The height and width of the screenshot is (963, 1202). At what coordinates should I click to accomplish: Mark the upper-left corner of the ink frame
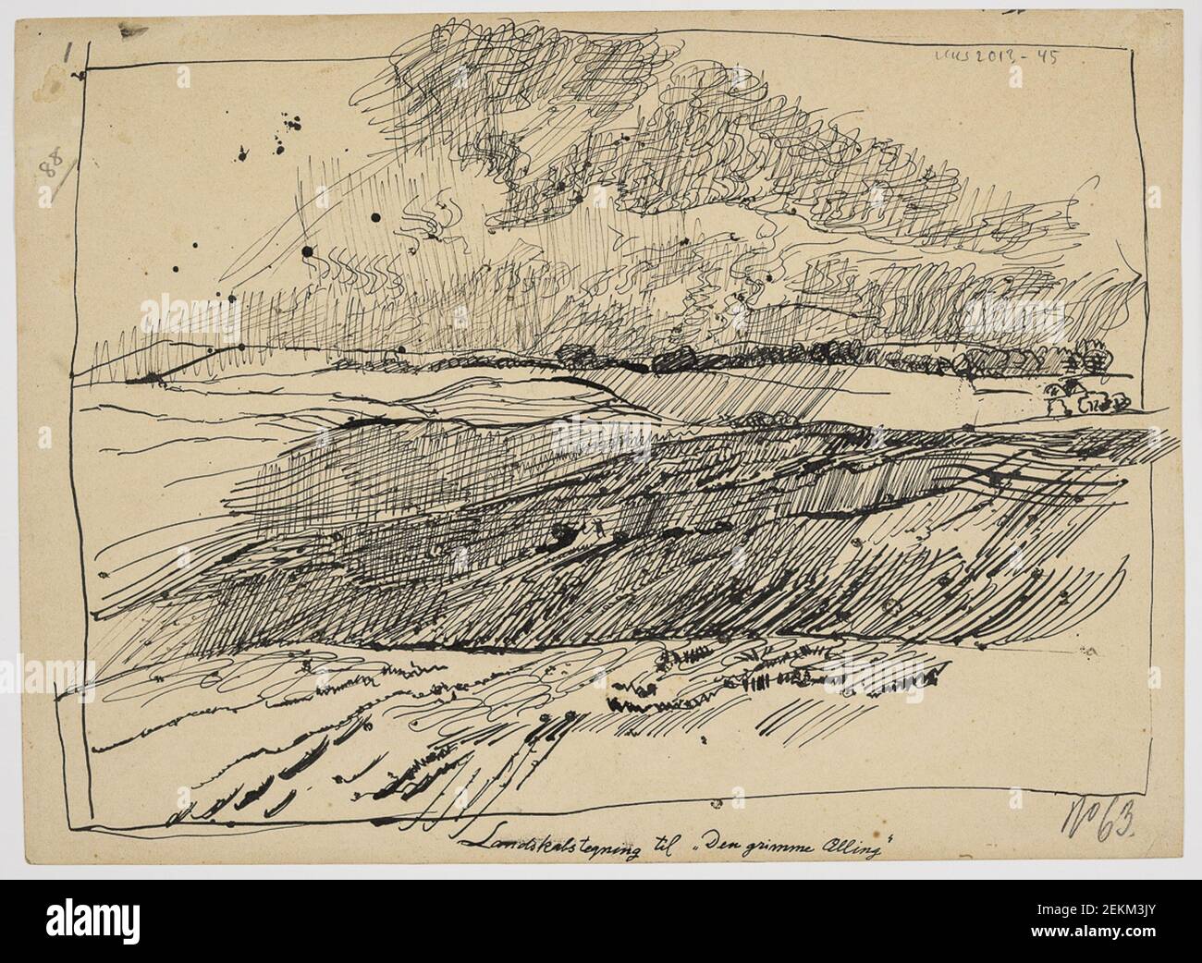(87, 70)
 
